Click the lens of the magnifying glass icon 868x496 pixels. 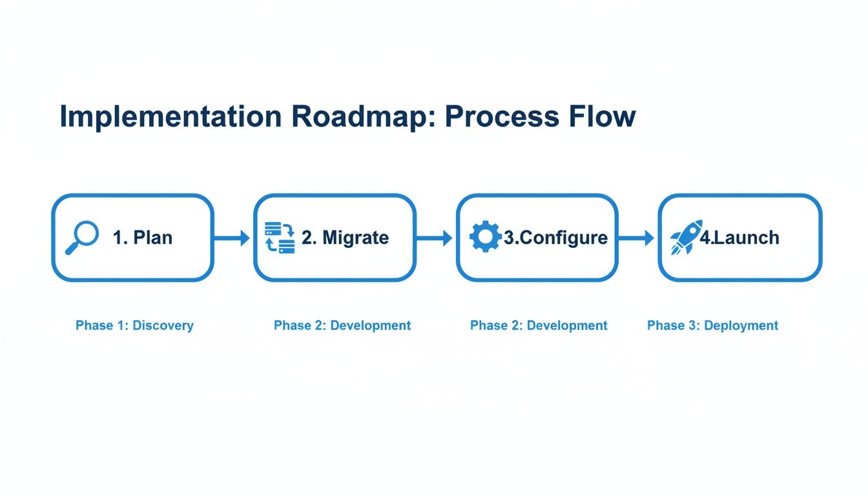tap(86, 233)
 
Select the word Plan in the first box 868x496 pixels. tap(152, 238)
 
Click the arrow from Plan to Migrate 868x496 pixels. tap(232, 238)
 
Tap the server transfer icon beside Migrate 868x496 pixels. tap(280, 237)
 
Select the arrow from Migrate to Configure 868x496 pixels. tap(434, 238)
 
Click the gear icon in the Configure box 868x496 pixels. tap(485, 237)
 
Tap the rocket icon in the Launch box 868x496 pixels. tap(686, 237)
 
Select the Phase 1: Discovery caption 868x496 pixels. tap(134, 325)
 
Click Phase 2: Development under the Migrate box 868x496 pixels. tap(342, 325)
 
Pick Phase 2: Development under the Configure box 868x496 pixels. tap(539, 325)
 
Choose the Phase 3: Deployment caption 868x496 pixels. tap(712, 325)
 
